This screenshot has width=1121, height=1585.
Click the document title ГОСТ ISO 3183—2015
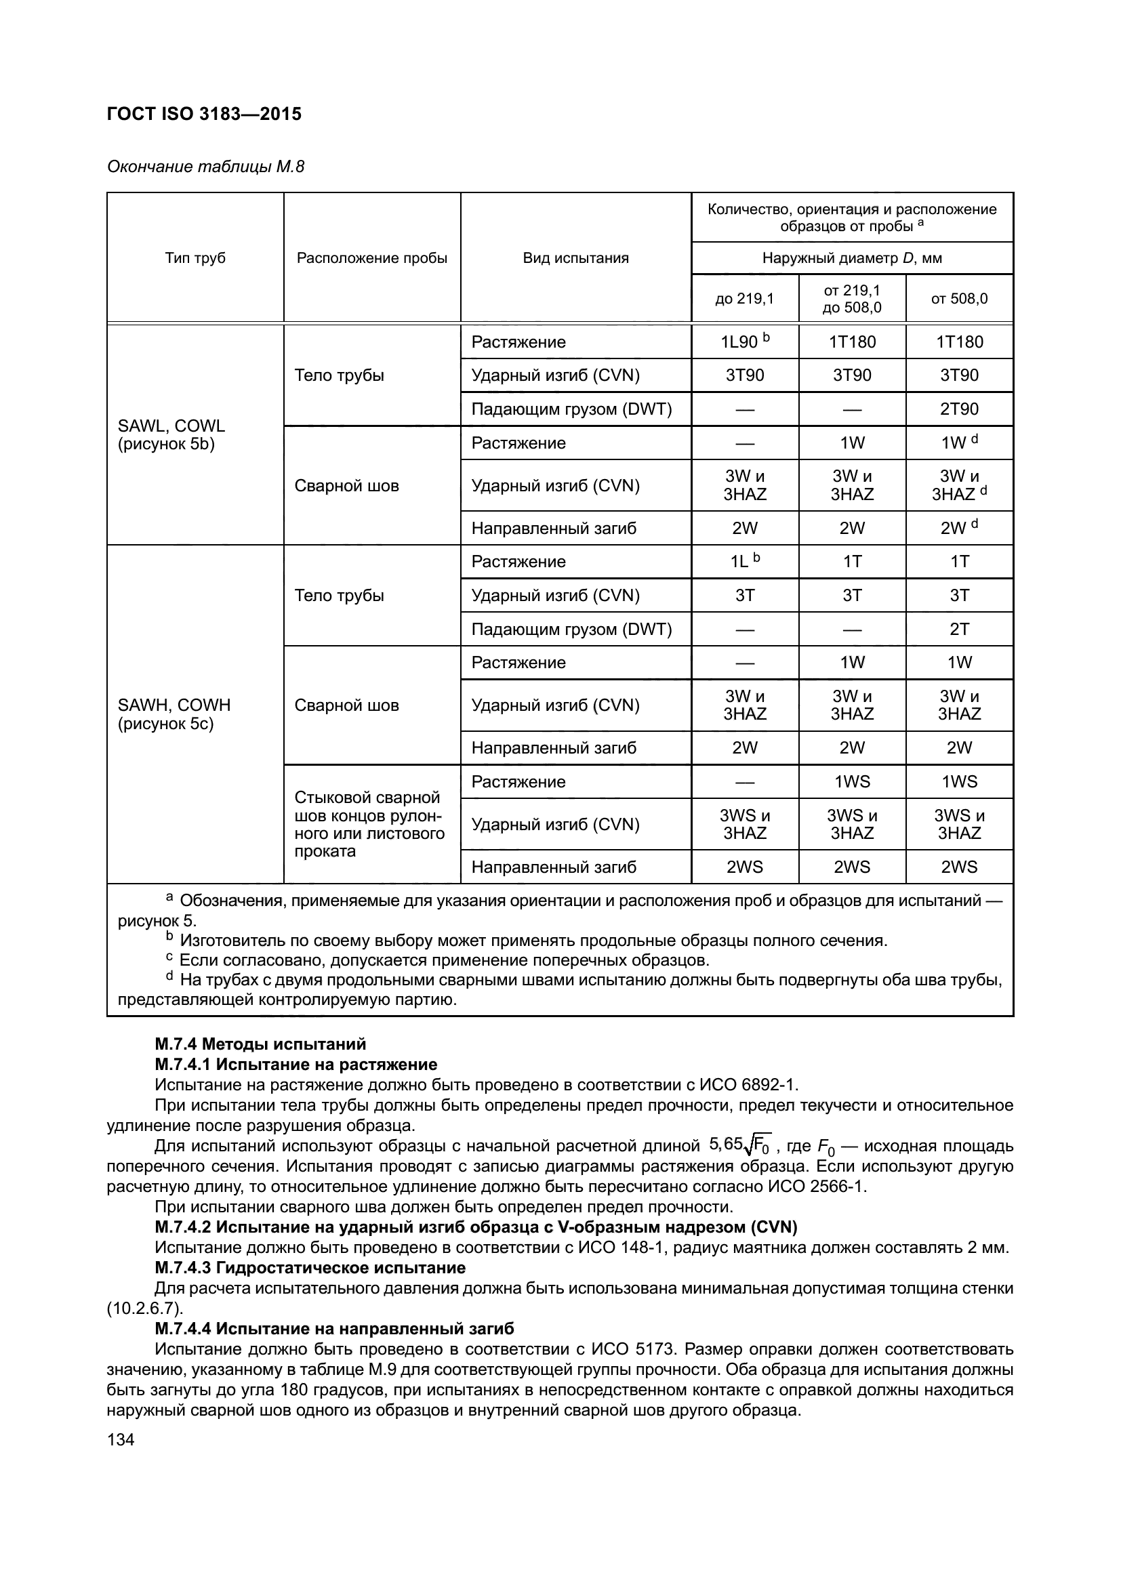204,114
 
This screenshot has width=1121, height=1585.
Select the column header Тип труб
195,258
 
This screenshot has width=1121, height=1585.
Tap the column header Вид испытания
575,258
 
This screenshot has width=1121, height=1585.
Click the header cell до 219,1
745,298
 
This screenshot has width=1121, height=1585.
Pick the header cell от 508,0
959,298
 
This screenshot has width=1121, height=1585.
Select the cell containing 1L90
744,342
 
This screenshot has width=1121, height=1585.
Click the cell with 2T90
959,409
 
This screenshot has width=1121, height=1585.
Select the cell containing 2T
959,629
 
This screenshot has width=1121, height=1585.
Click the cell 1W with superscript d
959,442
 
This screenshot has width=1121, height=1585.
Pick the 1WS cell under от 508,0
959,781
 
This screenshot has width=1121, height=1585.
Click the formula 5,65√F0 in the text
739,1146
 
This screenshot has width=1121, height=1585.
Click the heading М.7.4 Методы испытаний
260,1044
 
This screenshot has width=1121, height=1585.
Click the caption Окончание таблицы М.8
205,167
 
